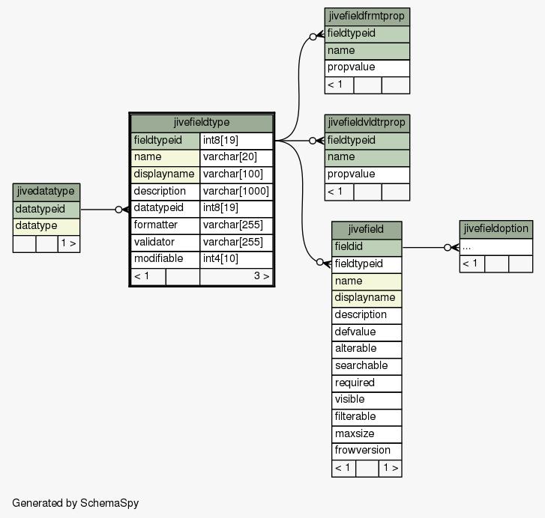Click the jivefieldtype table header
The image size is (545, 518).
click(202, 123)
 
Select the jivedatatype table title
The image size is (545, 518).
click(46, 192)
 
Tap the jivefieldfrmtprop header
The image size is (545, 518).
click(367, 16)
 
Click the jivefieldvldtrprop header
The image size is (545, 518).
click(367, 124)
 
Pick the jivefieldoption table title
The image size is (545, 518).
click(496, 229)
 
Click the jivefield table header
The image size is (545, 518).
click(367, 230)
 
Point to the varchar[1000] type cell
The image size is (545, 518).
click(236, 192)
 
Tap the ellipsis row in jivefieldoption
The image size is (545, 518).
click(496, 247)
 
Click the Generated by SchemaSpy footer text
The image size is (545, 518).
click(76, 504)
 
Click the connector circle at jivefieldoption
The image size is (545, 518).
click(448, 247)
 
